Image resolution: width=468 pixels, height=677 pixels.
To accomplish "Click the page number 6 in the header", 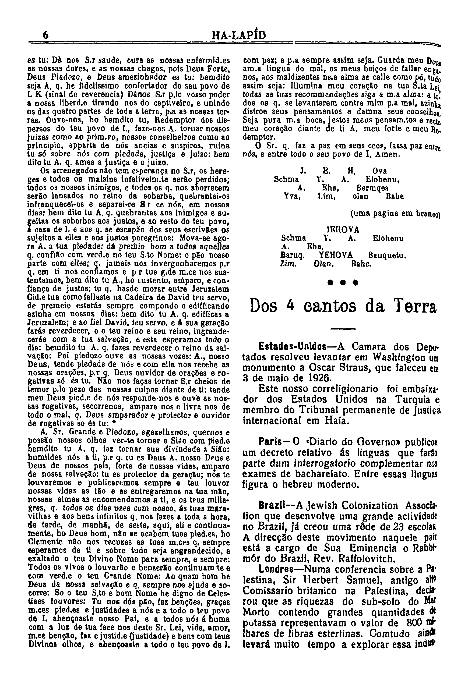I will click(45, 36).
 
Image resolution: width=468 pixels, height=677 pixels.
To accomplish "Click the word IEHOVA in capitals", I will click(343, 230).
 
